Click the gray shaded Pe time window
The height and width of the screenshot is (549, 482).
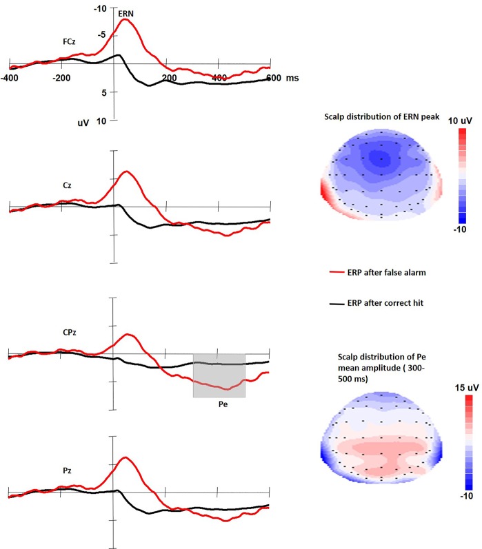[x=219, y=375]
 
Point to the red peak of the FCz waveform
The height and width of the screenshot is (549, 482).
[x=125, y=20]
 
